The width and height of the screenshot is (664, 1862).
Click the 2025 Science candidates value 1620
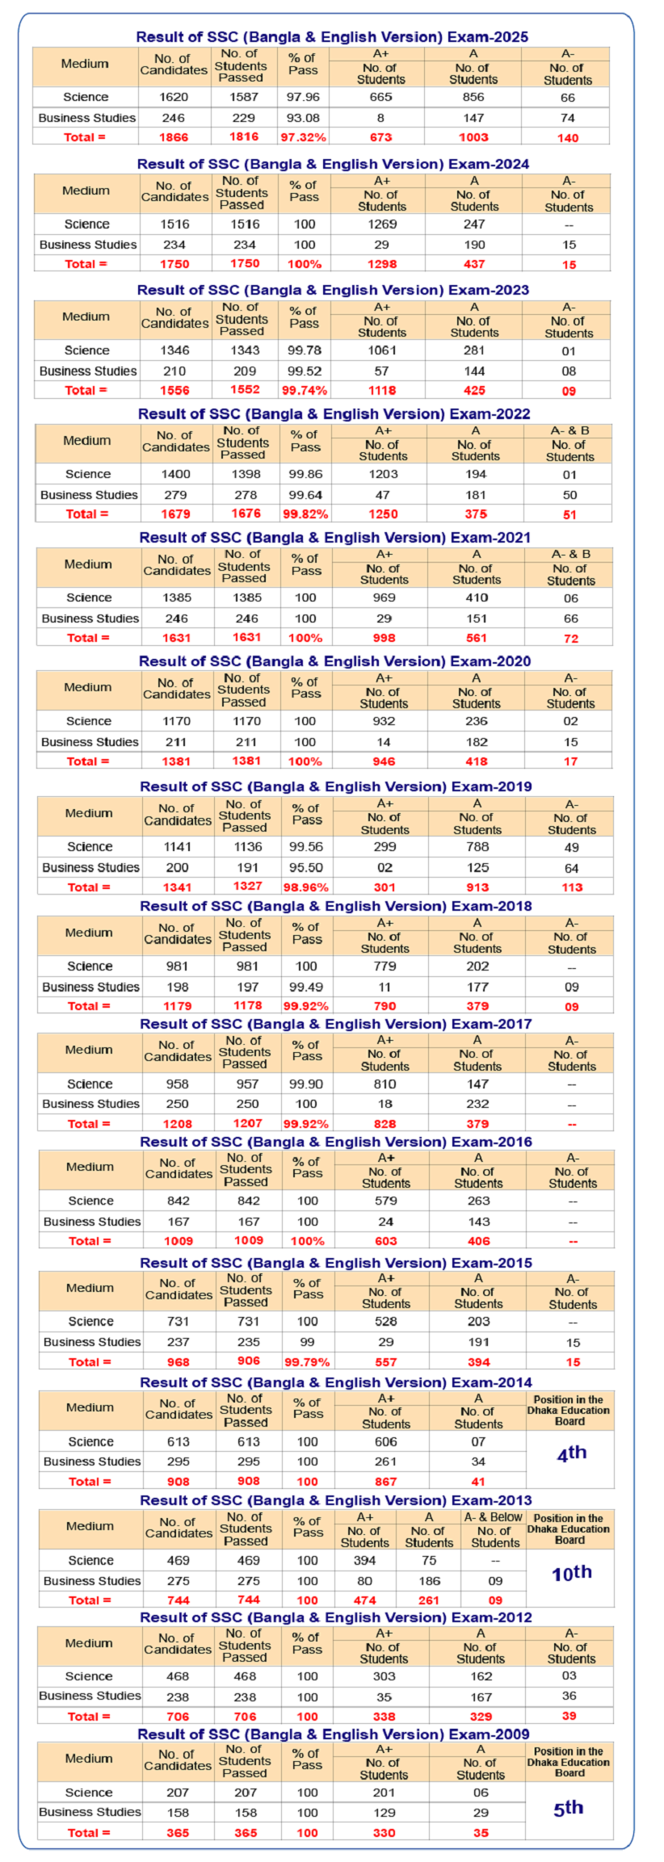click(x=174, y=97)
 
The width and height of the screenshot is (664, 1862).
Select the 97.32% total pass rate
click(x=303, y=137)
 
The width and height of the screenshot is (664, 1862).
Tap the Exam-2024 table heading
click(x=333, y=164)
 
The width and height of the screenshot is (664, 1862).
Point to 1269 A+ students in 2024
click(x=382, y=224)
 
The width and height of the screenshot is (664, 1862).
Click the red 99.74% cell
click(x=305, y=391)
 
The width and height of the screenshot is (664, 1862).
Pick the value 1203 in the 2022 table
click(x=383, y=475)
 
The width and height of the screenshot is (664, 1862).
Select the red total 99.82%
click(x=305, y=514)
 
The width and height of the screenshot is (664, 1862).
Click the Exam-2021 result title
click(x=334, y=538)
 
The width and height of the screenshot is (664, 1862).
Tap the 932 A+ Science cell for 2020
click(x=384, y=721)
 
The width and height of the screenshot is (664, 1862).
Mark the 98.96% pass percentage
click(x=306, y=887)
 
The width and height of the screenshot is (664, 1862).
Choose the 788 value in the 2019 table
click(x=477, y=847)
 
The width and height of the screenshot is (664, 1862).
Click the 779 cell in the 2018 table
click(x=385, y=967)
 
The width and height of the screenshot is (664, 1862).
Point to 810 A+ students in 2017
click(x=385, y=1084)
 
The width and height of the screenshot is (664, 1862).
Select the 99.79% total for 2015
click(x=307, y=1362)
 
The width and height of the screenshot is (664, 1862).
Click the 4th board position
click(x=571, y=1453)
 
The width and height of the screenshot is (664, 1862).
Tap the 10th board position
click(x=571, y=1573)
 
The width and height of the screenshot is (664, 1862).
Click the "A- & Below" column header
click(x=494, y=1517)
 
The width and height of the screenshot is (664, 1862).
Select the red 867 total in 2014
click(x=385, y=1482)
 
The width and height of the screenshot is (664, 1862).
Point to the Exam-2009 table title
click(x=333, y=1734)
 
